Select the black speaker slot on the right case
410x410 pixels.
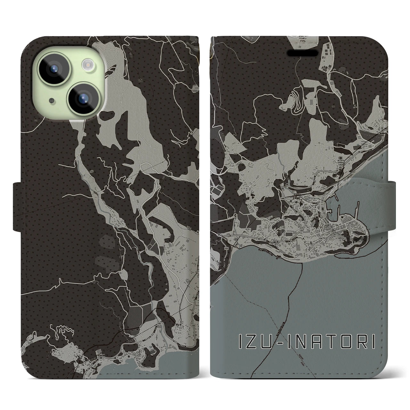coord(303,53)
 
